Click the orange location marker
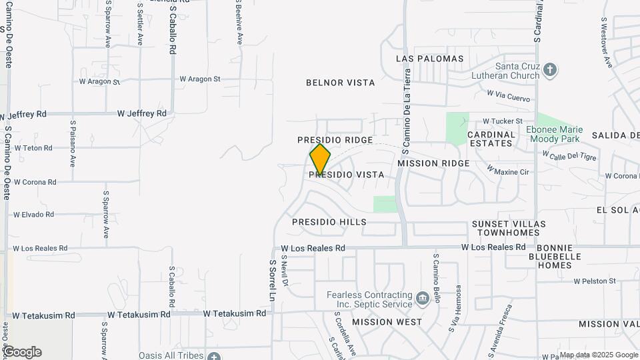point(320,159)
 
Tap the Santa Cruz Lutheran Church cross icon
point(550,69)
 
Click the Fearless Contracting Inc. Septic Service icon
point(421,297)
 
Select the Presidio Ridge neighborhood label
point(335,140)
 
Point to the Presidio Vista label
point(347,175)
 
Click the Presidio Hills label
point(329,221)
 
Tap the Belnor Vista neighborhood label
point(340,83)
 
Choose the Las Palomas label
point(429,59)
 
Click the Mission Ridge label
point(433,163)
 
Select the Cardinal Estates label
point(491,139)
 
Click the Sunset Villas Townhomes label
point(509,228)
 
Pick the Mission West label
point(387,322)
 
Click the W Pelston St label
point(595,281)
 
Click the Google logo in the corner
point(22,352)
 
